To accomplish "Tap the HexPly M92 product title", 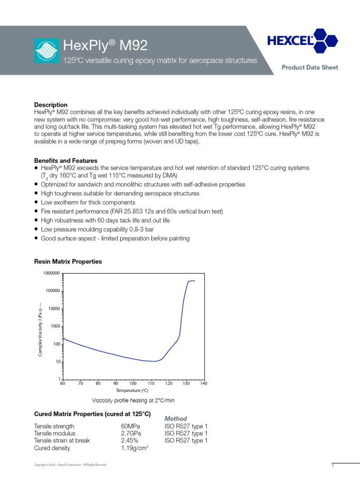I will (105, 45).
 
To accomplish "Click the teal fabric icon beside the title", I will (46, 50).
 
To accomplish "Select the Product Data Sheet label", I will (309, 67).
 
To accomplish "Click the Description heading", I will (51, 105).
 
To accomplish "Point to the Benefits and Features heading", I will (66, 160).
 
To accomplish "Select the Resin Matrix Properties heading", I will (67, 262).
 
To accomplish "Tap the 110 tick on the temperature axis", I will (151, 383).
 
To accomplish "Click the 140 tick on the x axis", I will (203, 383).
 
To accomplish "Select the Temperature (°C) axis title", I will (133, 390).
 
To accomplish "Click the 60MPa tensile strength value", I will (130, 426).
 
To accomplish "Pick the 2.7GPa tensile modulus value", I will (131, 434).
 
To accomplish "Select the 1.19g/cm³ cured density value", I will (135, 448).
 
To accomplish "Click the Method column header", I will (176, 418).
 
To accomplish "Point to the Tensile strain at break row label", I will (62, 441).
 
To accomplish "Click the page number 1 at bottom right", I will (332, 465).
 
